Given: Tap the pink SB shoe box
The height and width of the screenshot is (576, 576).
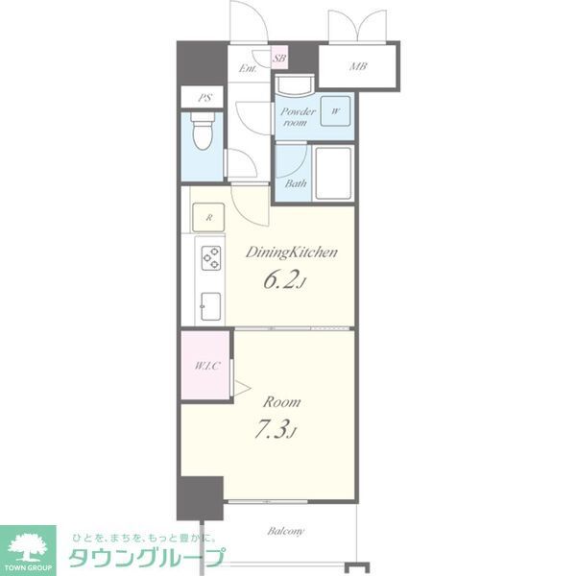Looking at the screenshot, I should [278, 59].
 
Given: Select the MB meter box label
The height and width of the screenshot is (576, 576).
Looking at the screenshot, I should [357, 66].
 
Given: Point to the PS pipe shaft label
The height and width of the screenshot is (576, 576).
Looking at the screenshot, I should [204, 98].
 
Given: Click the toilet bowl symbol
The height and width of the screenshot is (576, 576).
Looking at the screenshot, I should [201, 133].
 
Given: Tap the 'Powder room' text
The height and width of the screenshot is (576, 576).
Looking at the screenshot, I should [297, 116].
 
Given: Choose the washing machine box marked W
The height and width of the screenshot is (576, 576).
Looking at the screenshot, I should [336, 111].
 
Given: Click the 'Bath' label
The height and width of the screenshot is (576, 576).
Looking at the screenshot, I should [294, 182].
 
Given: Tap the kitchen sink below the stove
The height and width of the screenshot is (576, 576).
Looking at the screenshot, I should [208, 306].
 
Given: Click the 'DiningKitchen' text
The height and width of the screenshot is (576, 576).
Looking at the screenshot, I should [291, 252].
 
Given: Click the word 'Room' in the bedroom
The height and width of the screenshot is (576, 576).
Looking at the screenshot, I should [282, 401].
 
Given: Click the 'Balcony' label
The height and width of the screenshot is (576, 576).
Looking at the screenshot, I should [286, 531].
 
